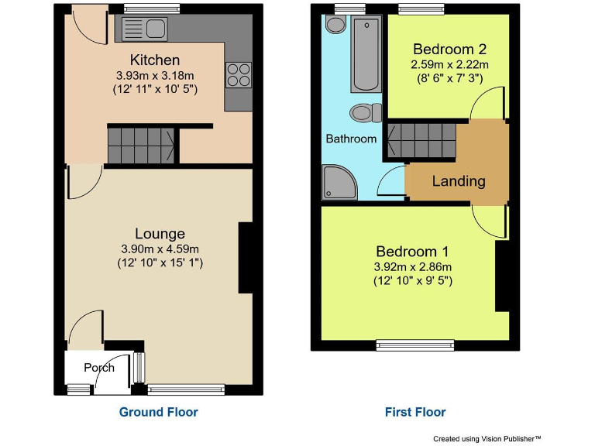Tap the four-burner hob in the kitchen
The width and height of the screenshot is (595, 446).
238,75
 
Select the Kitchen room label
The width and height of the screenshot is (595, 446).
155,60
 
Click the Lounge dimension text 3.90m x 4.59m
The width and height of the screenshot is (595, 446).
160,249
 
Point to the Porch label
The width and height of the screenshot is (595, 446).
99,368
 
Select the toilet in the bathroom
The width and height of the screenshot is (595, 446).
362,113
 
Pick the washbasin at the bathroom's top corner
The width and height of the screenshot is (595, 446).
336,24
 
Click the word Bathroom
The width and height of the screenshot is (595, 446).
351,139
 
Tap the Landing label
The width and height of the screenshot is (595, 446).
459,181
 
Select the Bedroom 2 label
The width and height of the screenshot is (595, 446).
449,47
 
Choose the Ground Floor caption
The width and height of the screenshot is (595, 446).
158,412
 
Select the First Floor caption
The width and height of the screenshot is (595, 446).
415,412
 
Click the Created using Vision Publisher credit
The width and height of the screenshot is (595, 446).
497,437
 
